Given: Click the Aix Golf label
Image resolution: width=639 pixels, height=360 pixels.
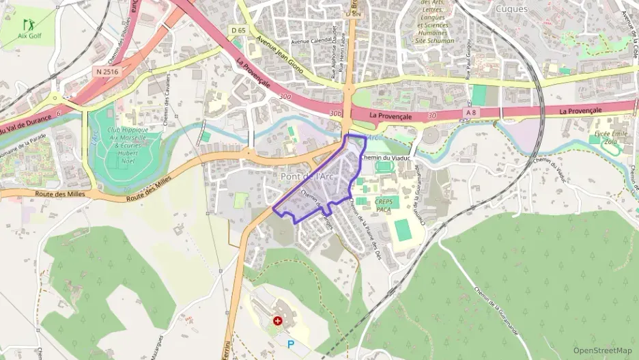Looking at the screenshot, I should tap(29, 36).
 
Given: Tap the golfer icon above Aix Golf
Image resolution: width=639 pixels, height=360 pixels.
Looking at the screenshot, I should tap(28, 25).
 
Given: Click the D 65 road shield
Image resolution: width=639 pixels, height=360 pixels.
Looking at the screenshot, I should tap(238, 30).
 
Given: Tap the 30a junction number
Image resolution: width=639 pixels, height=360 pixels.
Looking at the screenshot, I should tap(285, 97).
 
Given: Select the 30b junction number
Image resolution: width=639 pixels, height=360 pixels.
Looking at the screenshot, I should tap(335, 113).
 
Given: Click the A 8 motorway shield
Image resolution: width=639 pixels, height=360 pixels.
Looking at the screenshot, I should tap(470, 111).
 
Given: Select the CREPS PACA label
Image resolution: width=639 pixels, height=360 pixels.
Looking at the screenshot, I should tap(388, 206).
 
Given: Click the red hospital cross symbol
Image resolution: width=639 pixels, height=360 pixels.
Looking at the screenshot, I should tap(278, 320).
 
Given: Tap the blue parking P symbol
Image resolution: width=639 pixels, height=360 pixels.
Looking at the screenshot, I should tap(292, 345).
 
